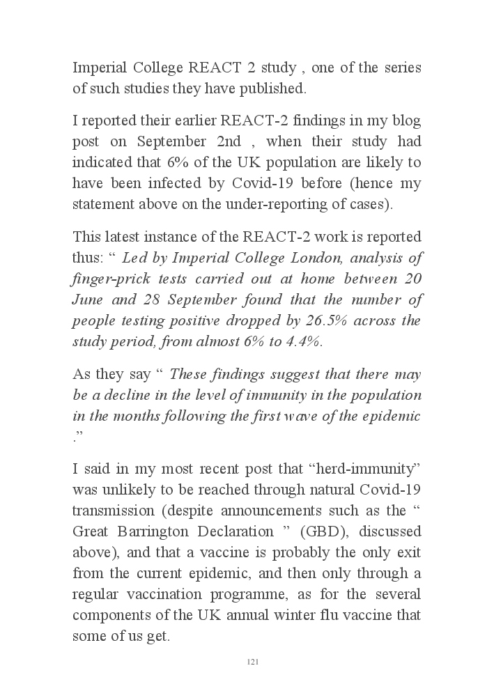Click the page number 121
(x=253, y=661)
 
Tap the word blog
(x=406, y=121)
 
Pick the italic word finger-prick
(x=112, y=279)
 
